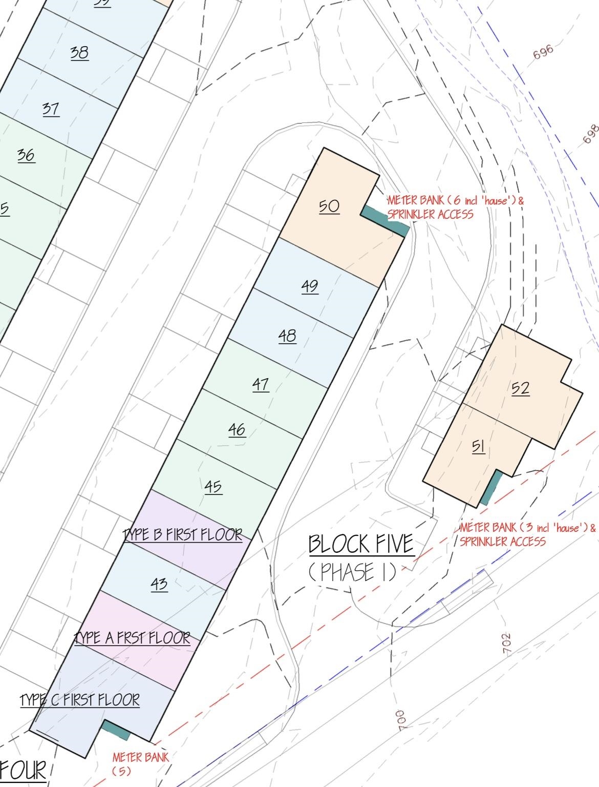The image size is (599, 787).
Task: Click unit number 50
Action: pos(329,206)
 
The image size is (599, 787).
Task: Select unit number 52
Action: pos(520,388)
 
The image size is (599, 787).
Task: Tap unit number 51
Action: pos(478,446)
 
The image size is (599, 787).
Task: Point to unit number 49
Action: pos(310,285)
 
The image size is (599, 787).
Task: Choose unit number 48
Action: pos(287,336)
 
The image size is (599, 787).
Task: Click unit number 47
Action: pos(261,384)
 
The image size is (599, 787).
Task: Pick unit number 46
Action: pos(237,429)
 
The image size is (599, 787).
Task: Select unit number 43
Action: pos(159,584)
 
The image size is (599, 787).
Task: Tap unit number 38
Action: pos(79,52)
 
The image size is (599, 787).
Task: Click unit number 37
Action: pos(51,109)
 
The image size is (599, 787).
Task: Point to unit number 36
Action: pos(26,155)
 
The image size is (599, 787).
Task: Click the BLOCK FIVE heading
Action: pos(361,544)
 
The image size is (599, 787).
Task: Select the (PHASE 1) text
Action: pos(353,572)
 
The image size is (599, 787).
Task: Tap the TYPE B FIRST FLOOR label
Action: pos(183,534)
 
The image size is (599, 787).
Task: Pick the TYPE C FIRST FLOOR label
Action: pos(80,700)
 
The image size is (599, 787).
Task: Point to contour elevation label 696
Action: pos(543,52)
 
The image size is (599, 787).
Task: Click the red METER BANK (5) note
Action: pos(140,763)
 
